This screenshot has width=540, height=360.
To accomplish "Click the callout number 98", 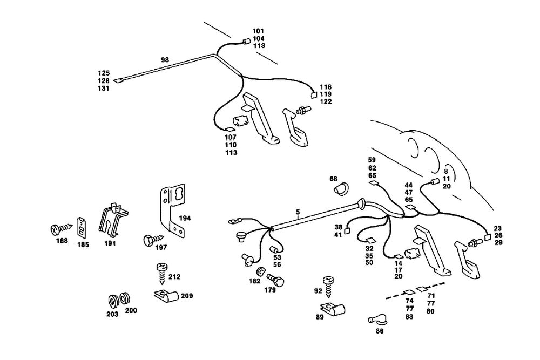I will point(165,59).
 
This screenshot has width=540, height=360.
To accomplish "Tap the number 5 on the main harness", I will point(297,213).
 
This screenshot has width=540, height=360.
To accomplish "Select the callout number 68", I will point(333,179).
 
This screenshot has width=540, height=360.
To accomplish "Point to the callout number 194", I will point(186,218).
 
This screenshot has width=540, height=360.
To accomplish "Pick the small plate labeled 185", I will point(82,227).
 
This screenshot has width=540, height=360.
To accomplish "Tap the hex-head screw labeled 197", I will point(150,240).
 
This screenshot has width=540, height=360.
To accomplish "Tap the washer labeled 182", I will point(261,270).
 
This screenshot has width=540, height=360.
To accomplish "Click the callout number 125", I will point(104,73).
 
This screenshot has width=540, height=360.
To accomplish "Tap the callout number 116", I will point(326,87).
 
